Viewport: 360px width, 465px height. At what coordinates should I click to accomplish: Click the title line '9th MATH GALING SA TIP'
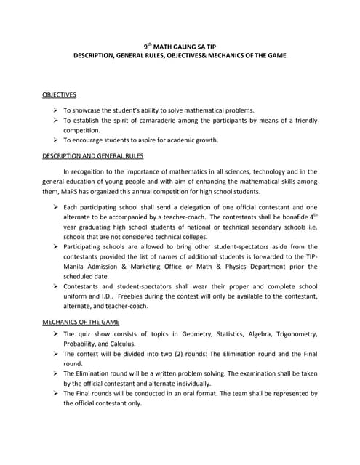pyautogui.click(x=180, y=44)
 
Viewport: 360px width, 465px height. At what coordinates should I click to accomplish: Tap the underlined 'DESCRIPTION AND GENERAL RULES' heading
pyautogui.click(x=92, y=155)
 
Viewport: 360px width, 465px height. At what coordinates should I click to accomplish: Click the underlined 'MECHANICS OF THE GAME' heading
pyautogui.click(x=80, y=320)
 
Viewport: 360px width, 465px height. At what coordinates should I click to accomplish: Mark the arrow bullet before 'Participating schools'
pyautogui.click(x=55, y=248)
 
